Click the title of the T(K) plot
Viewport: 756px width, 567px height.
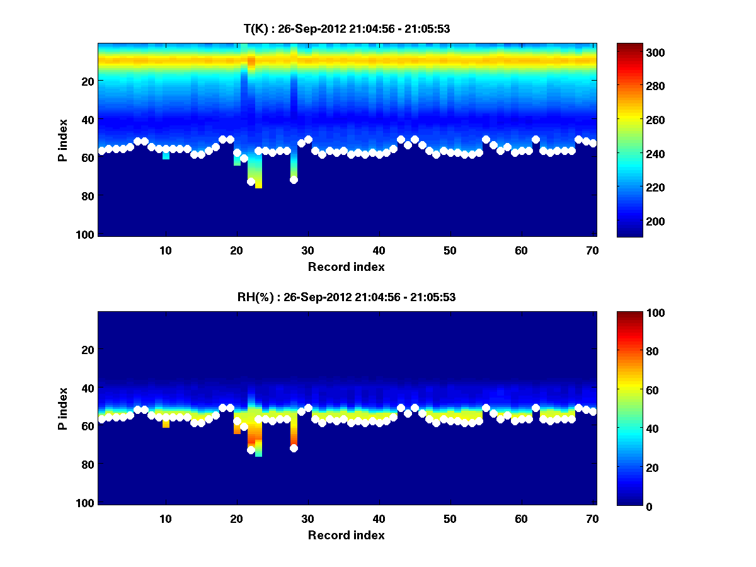[x=346, y=28]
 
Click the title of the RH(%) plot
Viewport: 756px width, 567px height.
[x=346, y=297]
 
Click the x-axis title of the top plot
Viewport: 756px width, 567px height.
[x=346, y=266]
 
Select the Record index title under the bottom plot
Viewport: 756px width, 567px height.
[x=346, y=535]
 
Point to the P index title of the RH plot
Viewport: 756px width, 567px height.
[x=63, y=408]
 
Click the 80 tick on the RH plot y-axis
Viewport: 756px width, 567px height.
[x=87, y=465]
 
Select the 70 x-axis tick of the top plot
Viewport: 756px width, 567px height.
[x=593, y=250]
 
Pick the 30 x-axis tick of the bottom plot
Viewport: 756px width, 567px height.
[x=308, y=518]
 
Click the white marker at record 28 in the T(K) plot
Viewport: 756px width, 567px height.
[x=294, y=180]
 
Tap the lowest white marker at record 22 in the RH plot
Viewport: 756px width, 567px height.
[x=251, y=450]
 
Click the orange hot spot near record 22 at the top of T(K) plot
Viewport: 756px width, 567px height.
[x=251, y=62]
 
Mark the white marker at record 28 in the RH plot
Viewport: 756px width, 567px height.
[x=294, y=448]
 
